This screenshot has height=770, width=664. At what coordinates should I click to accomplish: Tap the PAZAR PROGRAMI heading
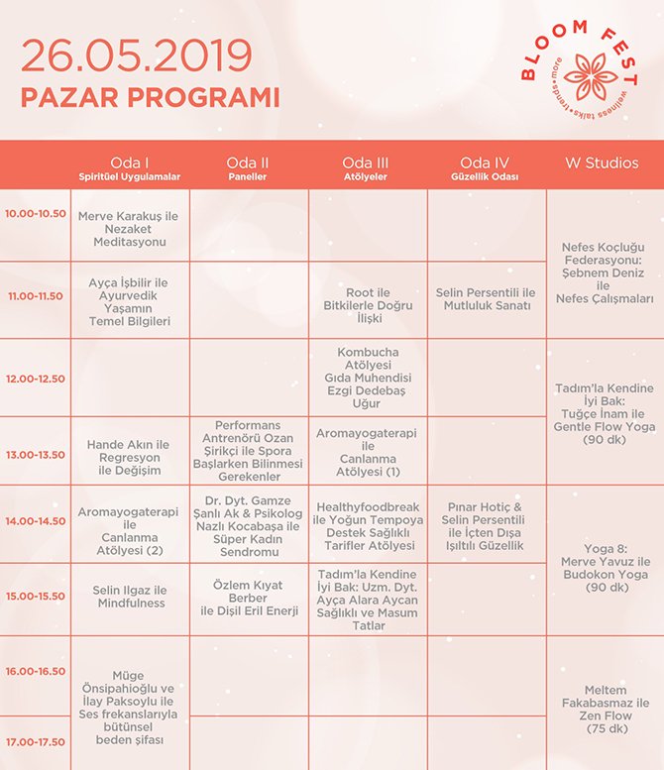point(150,98)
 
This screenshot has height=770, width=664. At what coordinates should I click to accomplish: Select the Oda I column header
point(130,163)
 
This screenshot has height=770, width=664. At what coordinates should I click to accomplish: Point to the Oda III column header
point(368,163)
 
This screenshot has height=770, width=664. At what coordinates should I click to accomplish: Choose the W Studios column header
point(602,163)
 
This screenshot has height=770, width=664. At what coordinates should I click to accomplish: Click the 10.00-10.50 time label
point(35,213)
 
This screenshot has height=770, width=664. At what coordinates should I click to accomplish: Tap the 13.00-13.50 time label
point(35,456)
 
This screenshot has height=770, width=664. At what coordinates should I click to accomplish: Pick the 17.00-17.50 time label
point(35,741)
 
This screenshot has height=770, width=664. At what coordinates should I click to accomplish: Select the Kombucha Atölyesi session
point(368,378)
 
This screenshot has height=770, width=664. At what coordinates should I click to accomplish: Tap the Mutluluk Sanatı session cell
point(486,299)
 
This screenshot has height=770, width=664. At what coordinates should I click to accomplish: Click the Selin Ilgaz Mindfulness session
point(130,597)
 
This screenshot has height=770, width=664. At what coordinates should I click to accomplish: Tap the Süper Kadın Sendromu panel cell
point(249,525)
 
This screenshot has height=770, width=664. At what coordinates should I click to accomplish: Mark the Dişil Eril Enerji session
point(249,598)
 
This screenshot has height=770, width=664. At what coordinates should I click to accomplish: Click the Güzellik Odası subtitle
point(486,177)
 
